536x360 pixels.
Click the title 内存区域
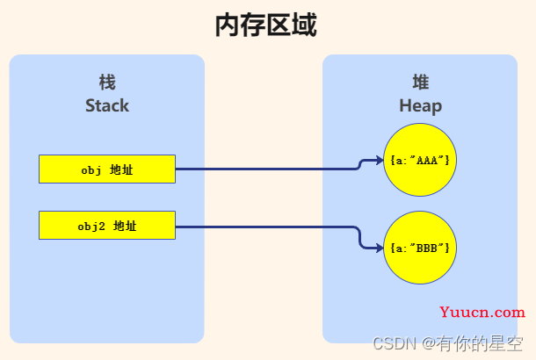[266, 25]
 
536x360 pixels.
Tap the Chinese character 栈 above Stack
[107, 83]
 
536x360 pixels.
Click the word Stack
[107, 105]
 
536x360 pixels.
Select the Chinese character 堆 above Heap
[421, 83]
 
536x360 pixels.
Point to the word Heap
[421, 106]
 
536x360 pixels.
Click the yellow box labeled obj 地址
[107, 169]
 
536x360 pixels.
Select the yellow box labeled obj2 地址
[107, 226]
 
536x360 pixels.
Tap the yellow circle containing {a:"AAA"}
[420, 160]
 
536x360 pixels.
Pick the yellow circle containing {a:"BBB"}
[420, 248]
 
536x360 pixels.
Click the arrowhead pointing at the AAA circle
[380, 160]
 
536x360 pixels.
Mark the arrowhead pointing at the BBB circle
[380, 248]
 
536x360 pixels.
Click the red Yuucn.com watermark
[482, 313]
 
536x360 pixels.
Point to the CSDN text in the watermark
[395, 343]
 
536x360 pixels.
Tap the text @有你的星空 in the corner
[473, 343]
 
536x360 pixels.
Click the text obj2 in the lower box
[91, 227]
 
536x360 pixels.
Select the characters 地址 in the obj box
[121, 169]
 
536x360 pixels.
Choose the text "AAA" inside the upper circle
[427, 160]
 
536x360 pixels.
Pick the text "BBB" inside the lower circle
[427, 248]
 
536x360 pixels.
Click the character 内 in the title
[228, 25]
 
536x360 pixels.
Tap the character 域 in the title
[305, 25]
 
